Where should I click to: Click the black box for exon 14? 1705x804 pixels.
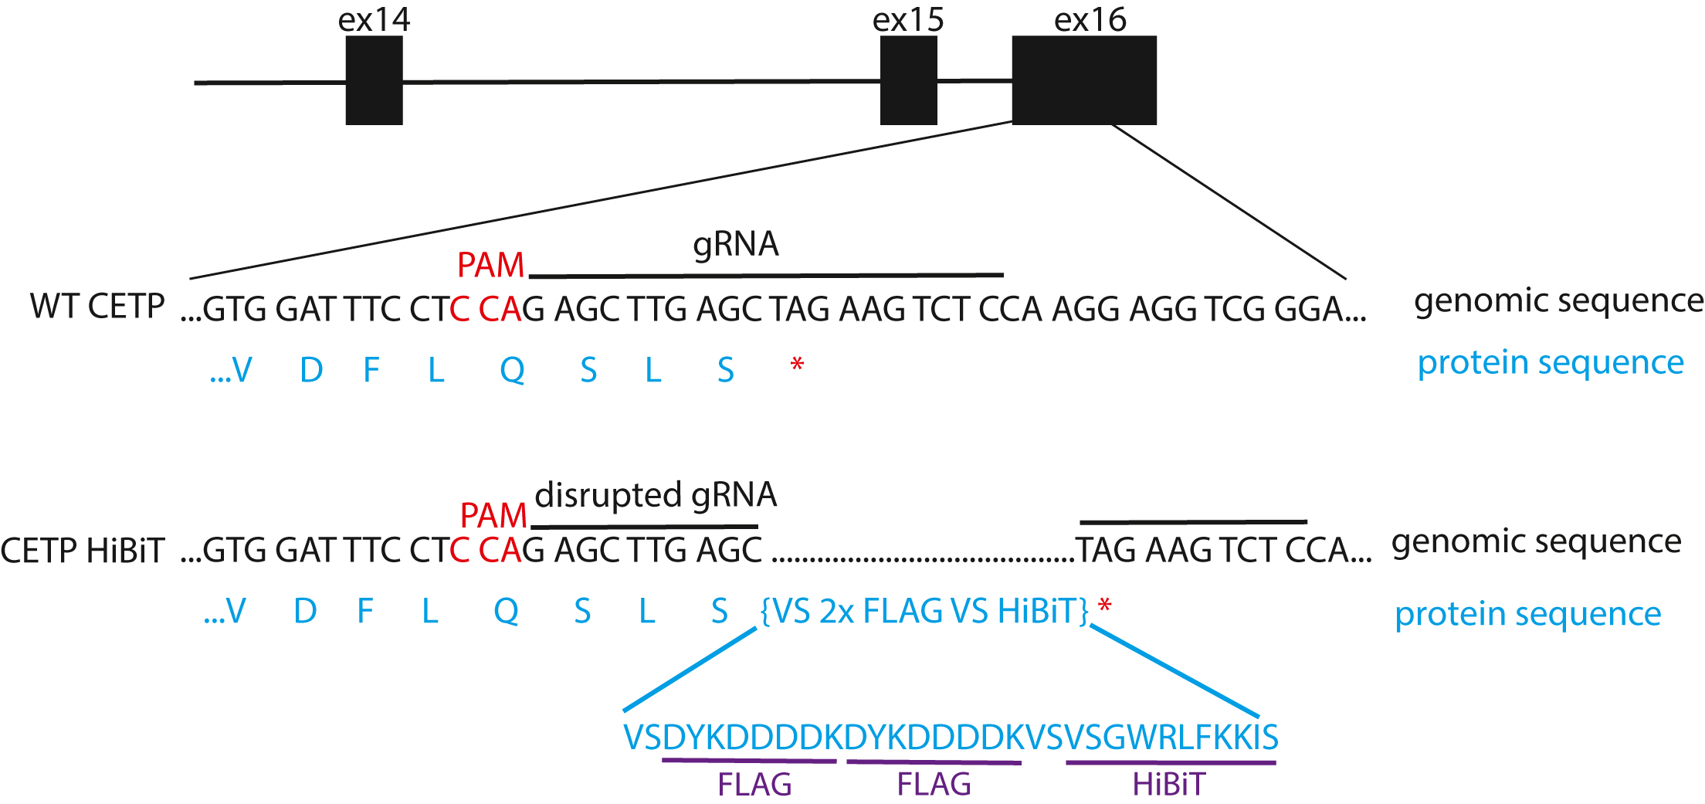point(374,80)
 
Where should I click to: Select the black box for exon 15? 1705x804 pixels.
point(908,80)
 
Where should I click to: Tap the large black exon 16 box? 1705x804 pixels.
point(1083,80)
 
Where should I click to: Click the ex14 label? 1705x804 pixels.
point(374,19)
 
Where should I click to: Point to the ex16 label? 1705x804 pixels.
point(1090,19)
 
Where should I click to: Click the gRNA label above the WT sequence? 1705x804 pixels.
point(735,244)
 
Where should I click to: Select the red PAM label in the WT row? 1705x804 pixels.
point(490,266)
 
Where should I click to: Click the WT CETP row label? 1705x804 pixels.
point(97,306)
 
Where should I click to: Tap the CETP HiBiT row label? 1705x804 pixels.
point(83,551)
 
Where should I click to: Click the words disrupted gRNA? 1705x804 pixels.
point(656,495)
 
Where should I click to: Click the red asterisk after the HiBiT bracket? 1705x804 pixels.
point(1105,606)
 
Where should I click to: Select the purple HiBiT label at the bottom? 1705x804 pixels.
point(1168,785)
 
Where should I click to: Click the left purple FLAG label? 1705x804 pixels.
point(754,785)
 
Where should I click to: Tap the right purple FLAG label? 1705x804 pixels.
point(934,785)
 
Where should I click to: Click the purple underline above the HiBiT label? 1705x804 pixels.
point(1170,763)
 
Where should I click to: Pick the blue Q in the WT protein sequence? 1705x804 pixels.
point(512,371)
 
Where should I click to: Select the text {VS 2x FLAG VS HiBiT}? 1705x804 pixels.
point(924,611)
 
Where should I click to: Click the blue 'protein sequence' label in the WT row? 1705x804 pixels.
point(1550,362)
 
